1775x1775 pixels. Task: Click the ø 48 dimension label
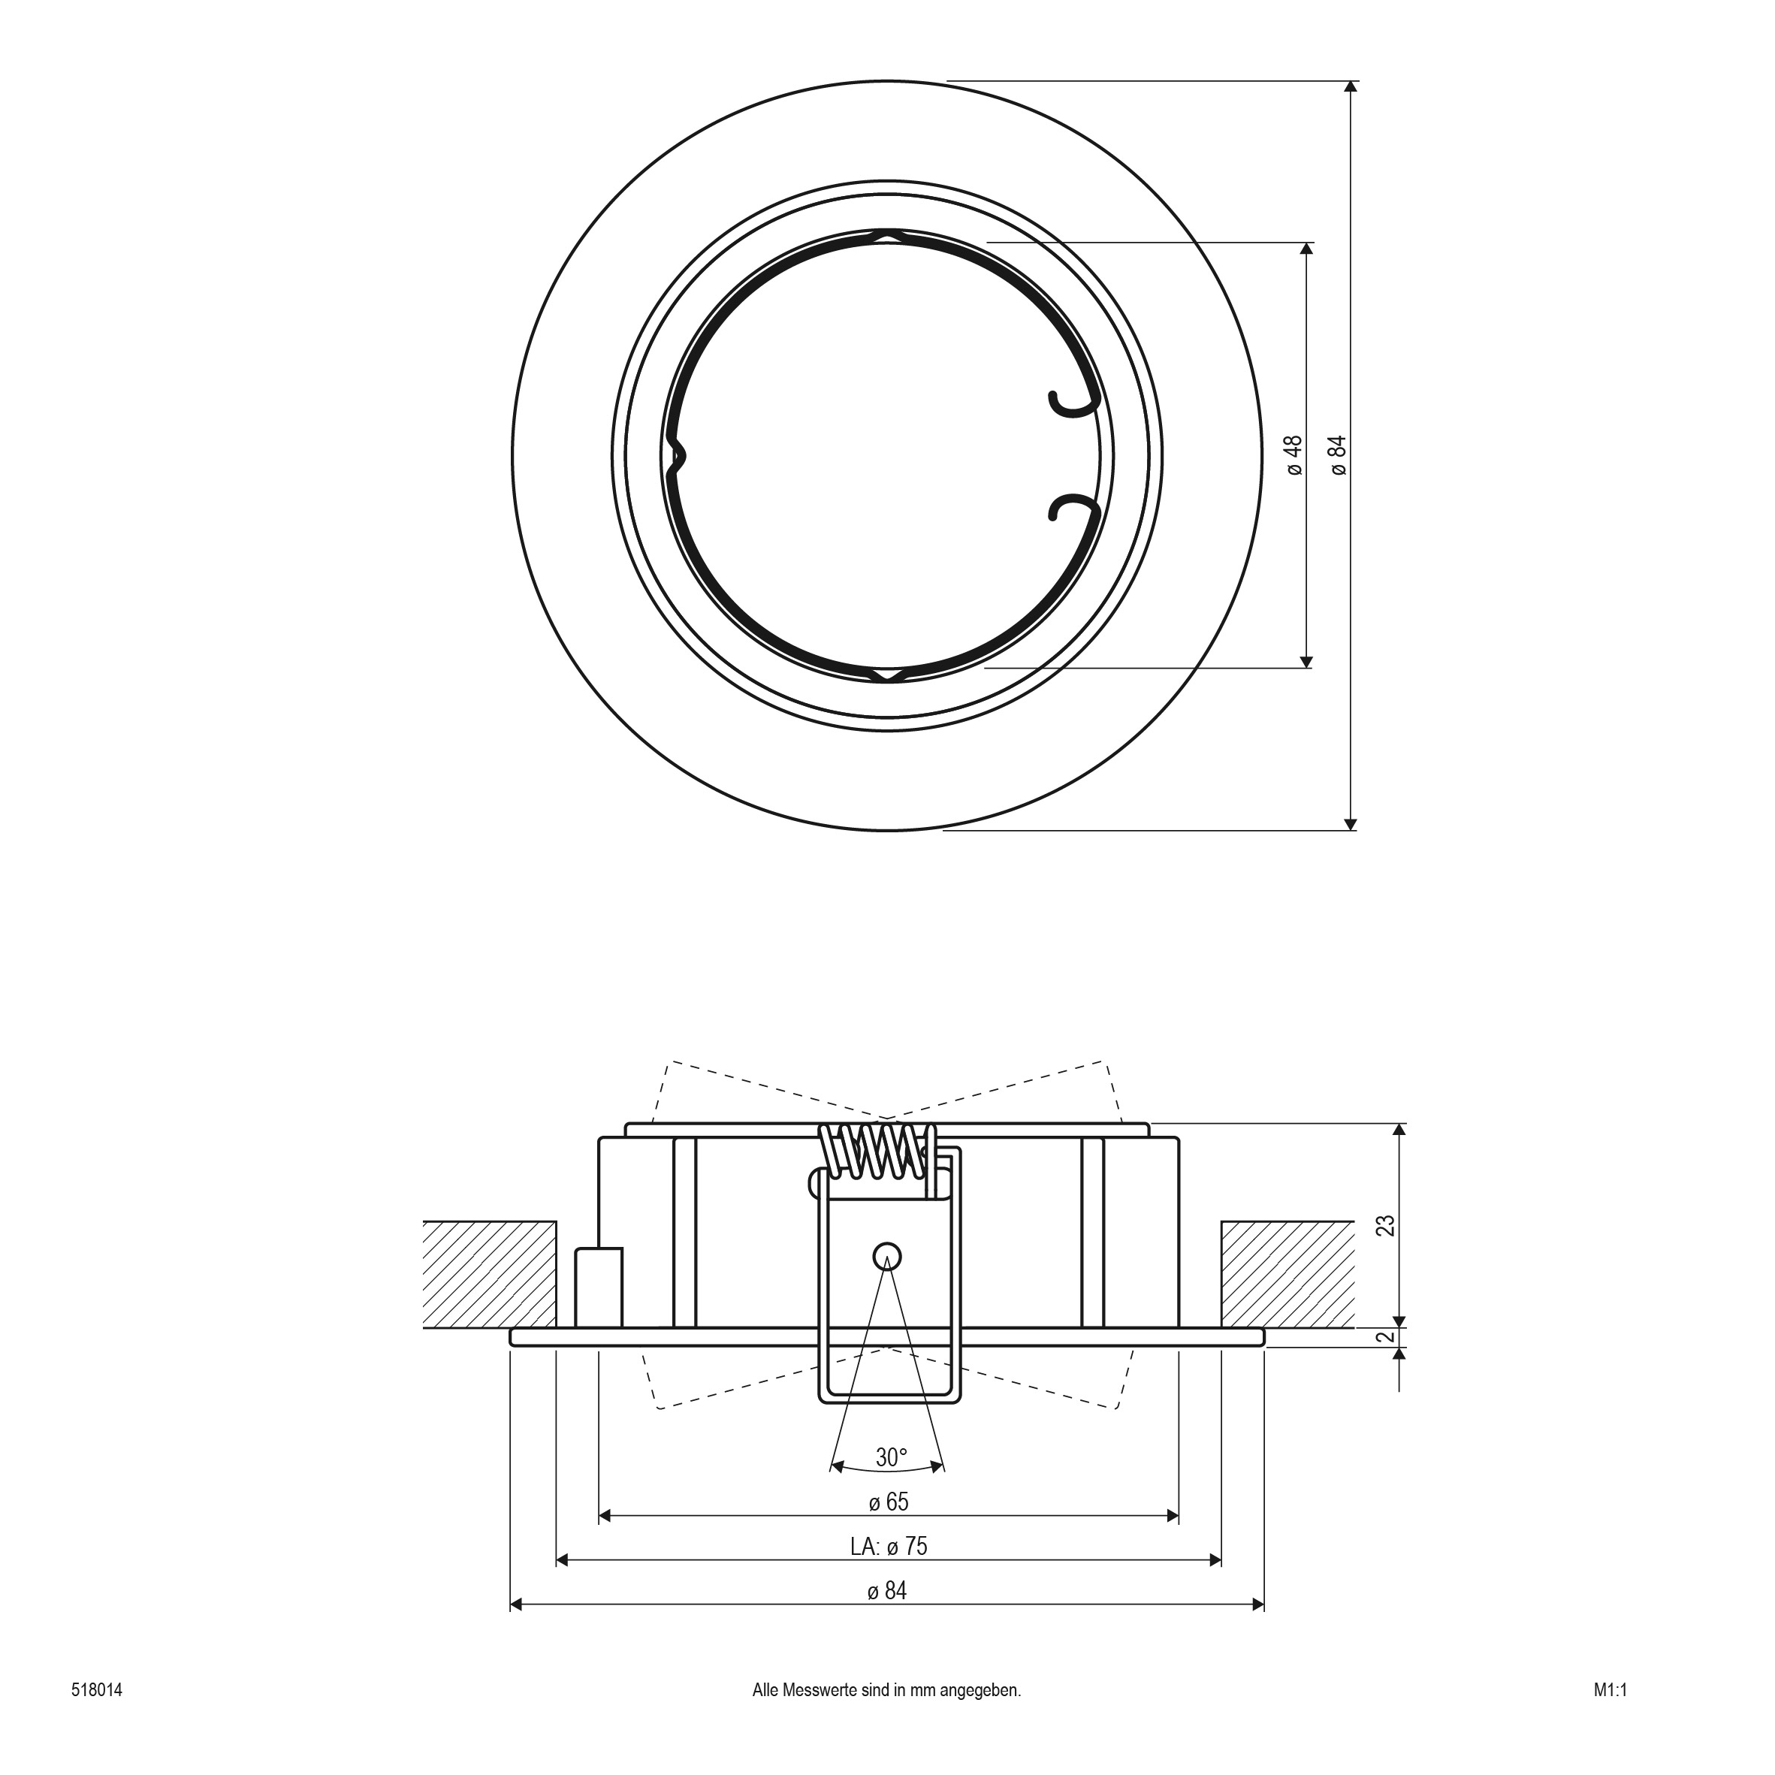(x=1294, y=456)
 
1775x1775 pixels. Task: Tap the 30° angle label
(x=891, y=1457)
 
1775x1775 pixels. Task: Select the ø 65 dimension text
(x=889, y=1502)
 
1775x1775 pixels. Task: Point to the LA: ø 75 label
(x=889, y=1546)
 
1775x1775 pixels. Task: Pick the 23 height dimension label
(x=1387, y=1226)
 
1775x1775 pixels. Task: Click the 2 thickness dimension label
(x=1387, y=1337)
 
